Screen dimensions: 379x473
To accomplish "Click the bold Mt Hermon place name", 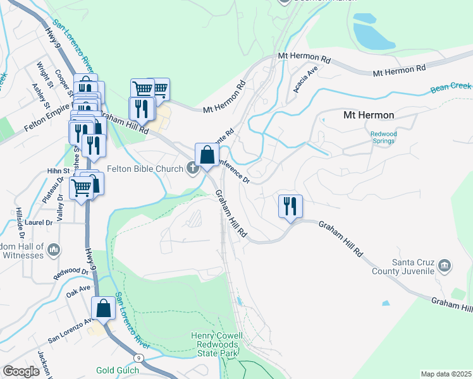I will [368, 115].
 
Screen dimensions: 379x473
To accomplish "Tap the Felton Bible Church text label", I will [145, 169].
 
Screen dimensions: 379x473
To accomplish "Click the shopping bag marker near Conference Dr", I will [207, 155].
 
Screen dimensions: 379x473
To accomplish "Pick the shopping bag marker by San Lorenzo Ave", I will [104, 310].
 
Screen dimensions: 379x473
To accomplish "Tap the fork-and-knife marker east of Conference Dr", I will [290, 207].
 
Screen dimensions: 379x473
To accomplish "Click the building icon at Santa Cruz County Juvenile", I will [445, 266].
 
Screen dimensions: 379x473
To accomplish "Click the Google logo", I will [21, 371].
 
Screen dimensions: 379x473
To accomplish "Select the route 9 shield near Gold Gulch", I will [138, 358].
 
